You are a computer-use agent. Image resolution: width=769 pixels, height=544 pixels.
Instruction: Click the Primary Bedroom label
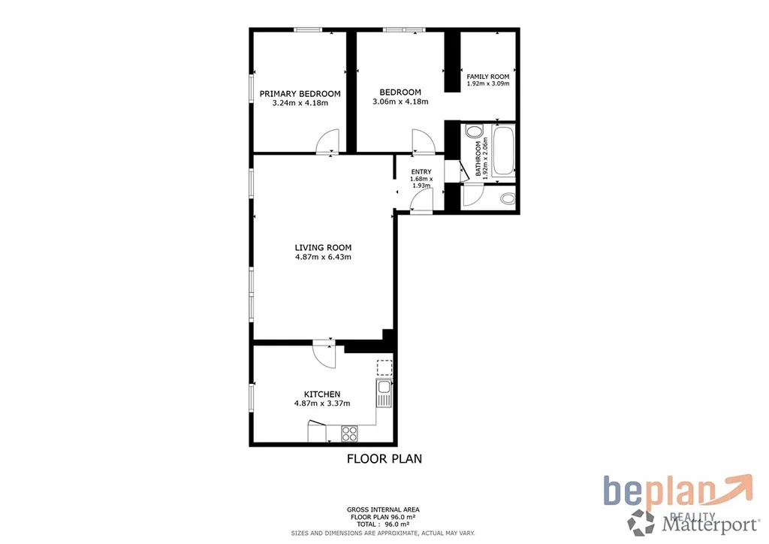(x=300, y=94)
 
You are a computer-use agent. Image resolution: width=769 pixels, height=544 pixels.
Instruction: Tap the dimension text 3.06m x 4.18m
(x=400, y=101)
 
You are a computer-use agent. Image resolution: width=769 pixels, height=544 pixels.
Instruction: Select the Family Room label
(x=488, y=77)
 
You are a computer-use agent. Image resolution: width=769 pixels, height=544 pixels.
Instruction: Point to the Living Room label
(x=323, y=248)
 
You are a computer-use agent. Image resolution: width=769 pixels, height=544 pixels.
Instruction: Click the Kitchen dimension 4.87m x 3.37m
(x=322, y=403)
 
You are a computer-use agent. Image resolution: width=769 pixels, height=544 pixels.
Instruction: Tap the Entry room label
(x=421, y=171)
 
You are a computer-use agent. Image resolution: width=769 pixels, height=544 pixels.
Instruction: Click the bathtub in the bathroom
(x=503, y=150)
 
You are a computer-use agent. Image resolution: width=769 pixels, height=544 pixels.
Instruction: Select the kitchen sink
(x=384, y=393)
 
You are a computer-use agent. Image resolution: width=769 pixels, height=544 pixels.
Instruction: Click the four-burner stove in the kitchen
(x=350, y=434)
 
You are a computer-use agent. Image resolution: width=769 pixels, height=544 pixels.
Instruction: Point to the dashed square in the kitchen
(x=384, y=368)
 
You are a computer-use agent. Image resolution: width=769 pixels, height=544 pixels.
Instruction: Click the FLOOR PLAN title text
(x=384, y=458)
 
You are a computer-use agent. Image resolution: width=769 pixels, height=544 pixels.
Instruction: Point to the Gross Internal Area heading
(x=383, y=509)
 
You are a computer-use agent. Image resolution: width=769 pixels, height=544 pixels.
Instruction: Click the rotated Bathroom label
(x=478, y=159)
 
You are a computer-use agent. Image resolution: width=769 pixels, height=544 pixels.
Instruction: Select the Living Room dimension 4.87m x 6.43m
(x=323, y=256)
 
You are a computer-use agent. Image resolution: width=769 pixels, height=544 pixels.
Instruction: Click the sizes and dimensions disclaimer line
(x=383, y=533)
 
